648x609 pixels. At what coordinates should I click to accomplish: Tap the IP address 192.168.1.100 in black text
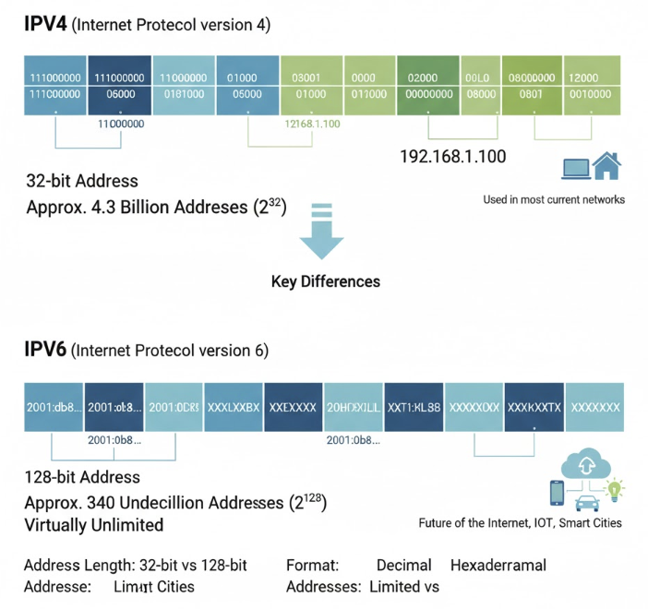click(x=452, y=156)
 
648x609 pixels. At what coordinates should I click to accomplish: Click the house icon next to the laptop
click(x=606, y=166)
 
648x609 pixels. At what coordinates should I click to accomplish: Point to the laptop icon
click(x=575, y=168)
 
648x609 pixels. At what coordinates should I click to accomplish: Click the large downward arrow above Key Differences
click(x=321, y=235)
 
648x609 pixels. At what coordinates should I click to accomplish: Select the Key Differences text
click(x=325, y=281)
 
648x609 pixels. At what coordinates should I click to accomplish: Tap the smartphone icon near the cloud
click(x=558, y=493)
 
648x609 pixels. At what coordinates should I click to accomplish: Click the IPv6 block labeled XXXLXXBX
click(x=234, y=406)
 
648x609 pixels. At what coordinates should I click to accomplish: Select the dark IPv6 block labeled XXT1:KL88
click(x=414, y=406)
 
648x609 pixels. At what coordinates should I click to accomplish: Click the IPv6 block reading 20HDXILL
click(x=354, y=406)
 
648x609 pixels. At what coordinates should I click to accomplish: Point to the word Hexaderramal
click(x=498, y=565)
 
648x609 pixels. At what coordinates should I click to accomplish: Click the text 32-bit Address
click(x=82, y=181)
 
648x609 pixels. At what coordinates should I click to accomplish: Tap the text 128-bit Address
click(x=83, y=477)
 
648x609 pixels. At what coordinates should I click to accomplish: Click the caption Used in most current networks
click(x=554, y=199)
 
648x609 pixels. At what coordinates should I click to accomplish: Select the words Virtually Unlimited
click(x=94, y=525)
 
